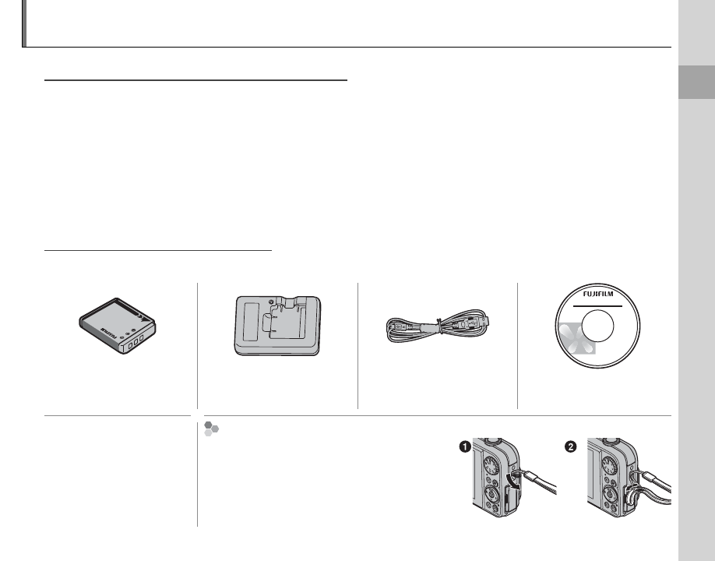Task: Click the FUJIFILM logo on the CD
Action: click(598, 295)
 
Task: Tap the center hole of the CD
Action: click(598, 326)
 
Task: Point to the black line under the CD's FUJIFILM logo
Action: click(597, 306)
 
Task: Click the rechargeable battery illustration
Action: click(118, 326)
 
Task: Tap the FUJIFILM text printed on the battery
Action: click(108, 333)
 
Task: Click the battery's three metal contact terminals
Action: click(136, 341)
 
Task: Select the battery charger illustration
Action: click(278, 326)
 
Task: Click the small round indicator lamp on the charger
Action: click(271, 302)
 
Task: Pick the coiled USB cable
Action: click(439, 326)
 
